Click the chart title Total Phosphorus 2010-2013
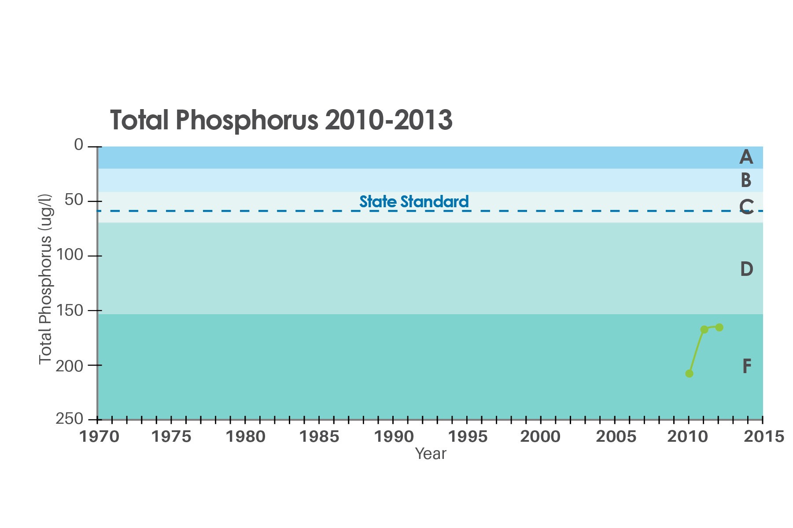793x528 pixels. click(281, 120)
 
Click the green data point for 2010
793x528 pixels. click(689, 374)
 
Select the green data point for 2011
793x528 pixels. click(704, 330)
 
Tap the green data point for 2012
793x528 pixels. click(719, 327)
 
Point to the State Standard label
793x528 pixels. click(414, 202)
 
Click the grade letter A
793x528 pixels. click(746, 157)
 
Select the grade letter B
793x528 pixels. click(746, 180)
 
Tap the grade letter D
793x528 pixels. click(746, 269)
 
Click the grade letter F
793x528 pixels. click(747, 366)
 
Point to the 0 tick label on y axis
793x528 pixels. click(78, 145)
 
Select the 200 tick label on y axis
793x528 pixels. click(69, 366)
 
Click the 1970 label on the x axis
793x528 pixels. click(99, 437)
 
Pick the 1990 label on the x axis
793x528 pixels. click(394, 437)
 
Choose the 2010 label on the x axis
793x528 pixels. click(687, 437)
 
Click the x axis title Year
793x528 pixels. click(431, 454)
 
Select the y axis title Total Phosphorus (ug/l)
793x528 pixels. click(45, 279)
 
